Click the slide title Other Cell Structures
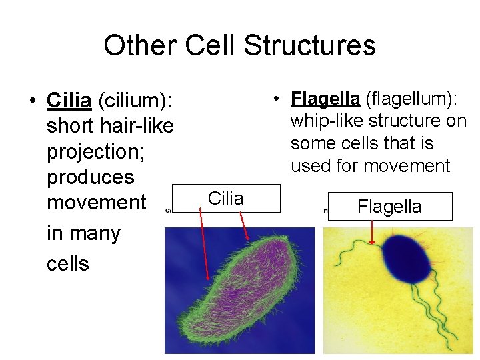click(x=239, y=45)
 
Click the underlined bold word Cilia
click(x=69, y=101)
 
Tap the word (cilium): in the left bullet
click(x=135, y=101)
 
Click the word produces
click(x=90, y=177)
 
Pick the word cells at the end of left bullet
click(x=67, y=263)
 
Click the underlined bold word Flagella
click(x=325, y=99)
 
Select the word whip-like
click(x=323, y=121)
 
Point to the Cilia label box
click(x=226, y=198)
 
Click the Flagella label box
click(x=389, y=206)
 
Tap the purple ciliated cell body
click(x=239, y=287)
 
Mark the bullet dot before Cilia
click(x=32, y=101)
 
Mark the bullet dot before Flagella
click(x=275, y=99)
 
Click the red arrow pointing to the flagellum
click(x=372, y=233)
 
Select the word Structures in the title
click(x=309, y=45)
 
